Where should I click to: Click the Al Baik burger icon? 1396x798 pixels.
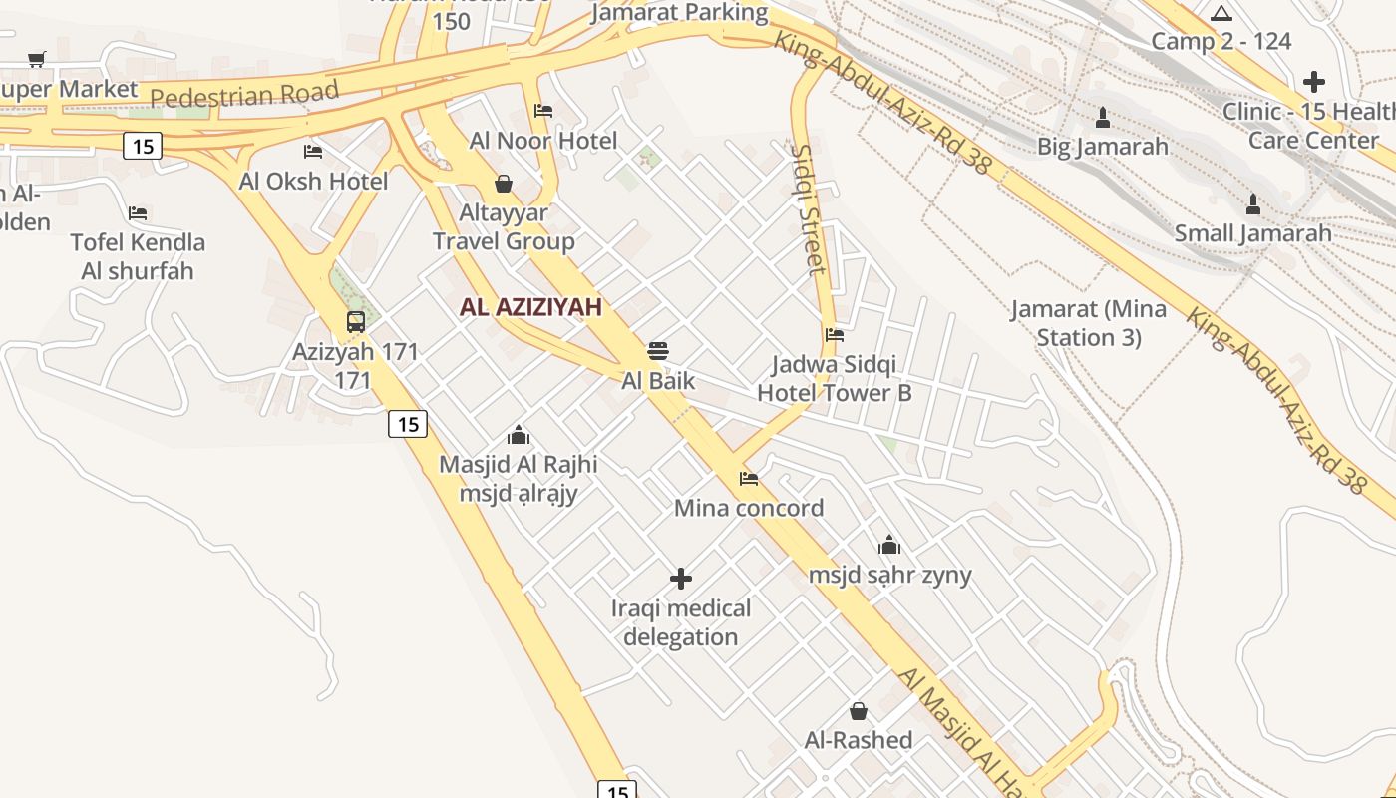[x=657, y=350]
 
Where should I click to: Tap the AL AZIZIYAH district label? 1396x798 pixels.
[x=530, y=307]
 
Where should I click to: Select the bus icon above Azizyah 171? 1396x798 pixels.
[x=356, y=321]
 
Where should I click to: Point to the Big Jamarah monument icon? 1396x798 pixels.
[x=1102, y=118]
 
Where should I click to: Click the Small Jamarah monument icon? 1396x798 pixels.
[x=1252, y=204]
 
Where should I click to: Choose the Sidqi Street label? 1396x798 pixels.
[x=809, y=208]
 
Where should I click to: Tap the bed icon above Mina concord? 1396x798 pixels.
[x=749, y=479]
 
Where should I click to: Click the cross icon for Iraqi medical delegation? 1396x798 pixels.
[x=681, y=578]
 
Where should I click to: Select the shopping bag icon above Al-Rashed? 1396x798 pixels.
[x=859, y=711]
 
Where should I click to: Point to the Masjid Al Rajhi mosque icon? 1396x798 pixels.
[x=519, y=435]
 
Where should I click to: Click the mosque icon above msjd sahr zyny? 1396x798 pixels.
[x=889, y=545]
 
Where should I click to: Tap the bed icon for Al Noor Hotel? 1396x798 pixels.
[x=543, y=111]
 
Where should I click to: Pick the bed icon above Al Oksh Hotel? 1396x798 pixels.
[x=313, y=152]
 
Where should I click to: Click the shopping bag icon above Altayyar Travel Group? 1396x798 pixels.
[x=504, y=184]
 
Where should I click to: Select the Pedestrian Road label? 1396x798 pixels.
[x=244, y=95]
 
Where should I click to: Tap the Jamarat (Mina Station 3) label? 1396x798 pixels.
[x=1088, y=323]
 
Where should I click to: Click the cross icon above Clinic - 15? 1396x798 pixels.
[x=1314, y=81]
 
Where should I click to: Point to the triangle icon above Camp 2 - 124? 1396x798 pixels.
[x=1221, y=13]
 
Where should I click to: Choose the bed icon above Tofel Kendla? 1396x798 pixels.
[x=138, y=213]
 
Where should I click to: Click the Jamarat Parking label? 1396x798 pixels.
[x=679, y=13]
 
